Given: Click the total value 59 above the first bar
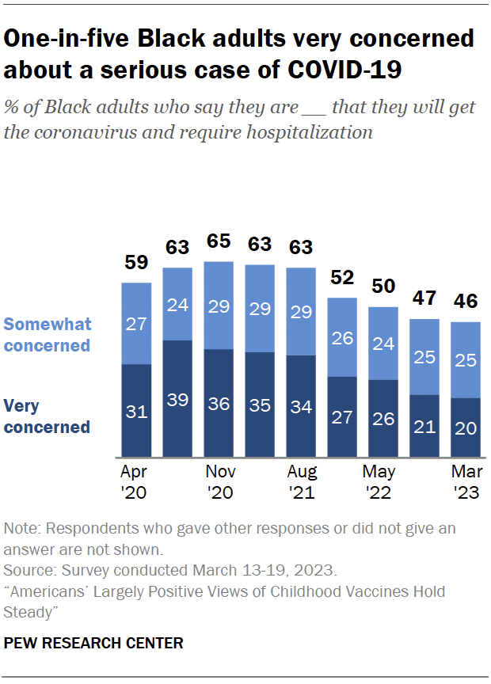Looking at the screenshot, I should [x=136, y=263].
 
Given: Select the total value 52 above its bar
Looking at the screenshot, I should [x=342, y=278].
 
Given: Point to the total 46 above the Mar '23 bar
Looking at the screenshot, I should [x=466, y=302].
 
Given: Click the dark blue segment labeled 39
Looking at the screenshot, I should [x=177, y=398].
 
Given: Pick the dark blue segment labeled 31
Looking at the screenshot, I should [x=136, y=410].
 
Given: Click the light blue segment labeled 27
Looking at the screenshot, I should [x=136, y=323].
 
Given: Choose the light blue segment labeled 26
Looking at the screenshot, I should [x=342, y=337].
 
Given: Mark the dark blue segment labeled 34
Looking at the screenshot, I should [x=301, y=406].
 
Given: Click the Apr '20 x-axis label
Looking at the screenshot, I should [x=136, y=482].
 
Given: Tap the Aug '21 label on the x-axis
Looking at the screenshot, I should [x=301, y=482].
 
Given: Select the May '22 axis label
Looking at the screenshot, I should [x=383, y=482].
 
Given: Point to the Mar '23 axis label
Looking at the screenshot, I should [x=466, y=482].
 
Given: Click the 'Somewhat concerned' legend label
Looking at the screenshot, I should [x=48, y=335].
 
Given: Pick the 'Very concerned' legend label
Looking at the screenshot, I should [x=47, y=416].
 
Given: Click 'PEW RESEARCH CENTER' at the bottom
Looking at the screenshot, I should [x=93, y=644].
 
